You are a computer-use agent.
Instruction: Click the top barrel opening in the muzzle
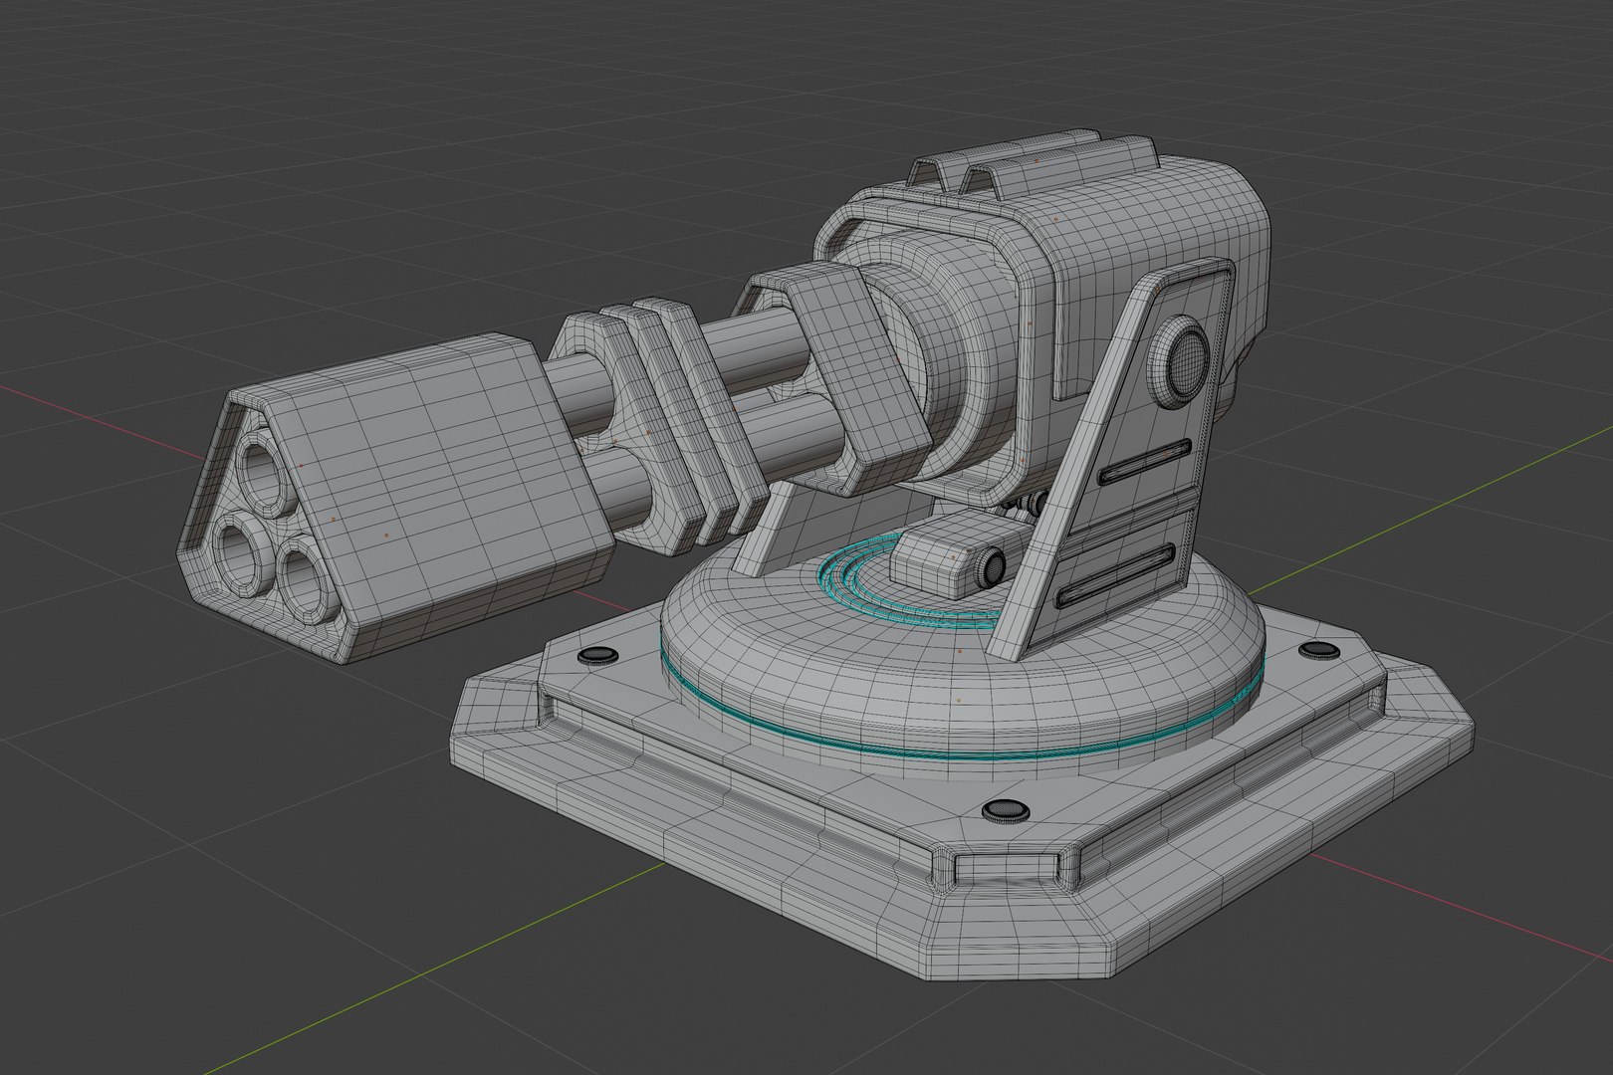point(263,465)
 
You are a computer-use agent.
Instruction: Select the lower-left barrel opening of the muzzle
point(237,550)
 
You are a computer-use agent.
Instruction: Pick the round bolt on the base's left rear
point(598,655)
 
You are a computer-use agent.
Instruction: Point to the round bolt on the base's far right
point(1318,649)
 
